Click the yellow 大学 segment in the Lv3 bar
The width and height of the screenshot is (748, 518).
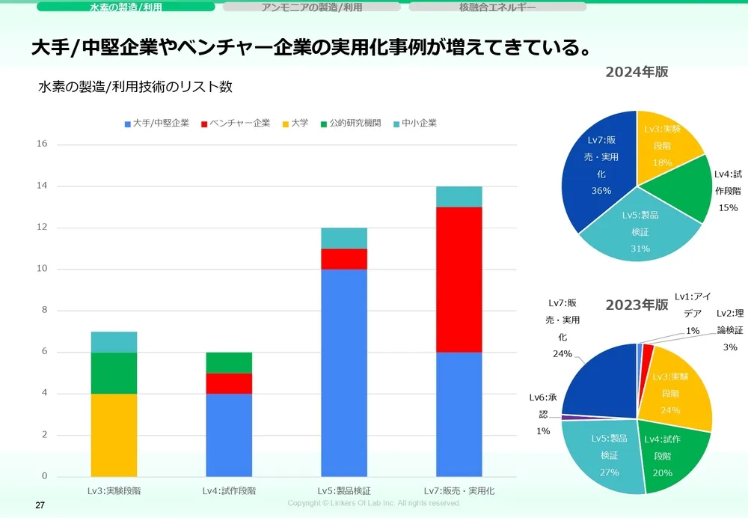(x=114, y=434)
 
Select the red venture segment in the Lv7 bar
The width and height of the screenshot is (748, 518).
(x=459, y=279)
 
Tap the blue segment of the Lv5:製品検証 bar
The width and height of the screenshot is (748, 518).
(x=344, y=372)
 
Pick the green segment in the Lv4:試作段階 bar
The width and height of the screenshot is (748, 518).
(x=229, y=362)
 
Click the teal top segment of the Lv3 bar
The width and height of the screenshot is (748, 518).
(x=114, y=341)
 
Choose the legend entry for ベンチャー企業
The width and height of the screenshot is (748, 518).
(x=236, y=123)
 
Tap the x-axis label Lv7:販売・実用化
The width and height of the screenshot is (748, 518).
(x=459, y=491)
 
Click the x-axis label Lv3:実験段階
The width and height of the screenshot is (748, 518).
(x=114, y=491)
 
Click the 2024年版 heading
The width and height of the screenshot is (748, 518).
(x=637, y=73)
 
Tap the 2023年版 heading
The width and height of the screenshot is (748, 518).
(x=637, y=305)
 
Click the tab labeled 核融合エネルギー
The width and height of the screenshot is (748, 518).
(x=497, y=7)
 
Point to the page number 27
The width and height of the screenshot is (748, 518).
(x=41, y=506)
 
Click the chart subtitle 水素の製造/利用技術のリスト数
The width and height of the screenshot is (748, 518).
(x=135, y=87)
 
